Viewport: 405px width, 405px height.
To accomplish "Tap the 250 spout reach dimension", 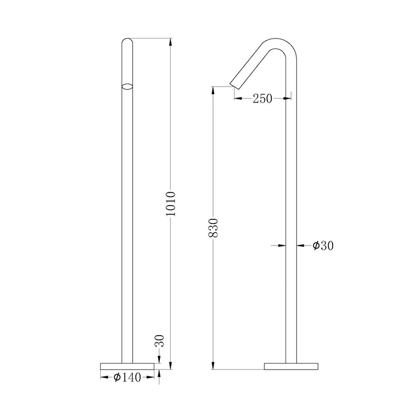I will tap(262, 99).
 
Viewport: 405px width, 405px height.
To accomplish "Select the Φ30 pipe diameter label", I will tap(322, 246).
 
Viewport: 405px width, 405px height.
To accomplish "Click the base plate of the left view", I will tap(127, 367).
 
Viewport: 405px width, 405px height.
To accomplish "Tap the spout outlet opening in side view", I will tap(232, 85).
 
